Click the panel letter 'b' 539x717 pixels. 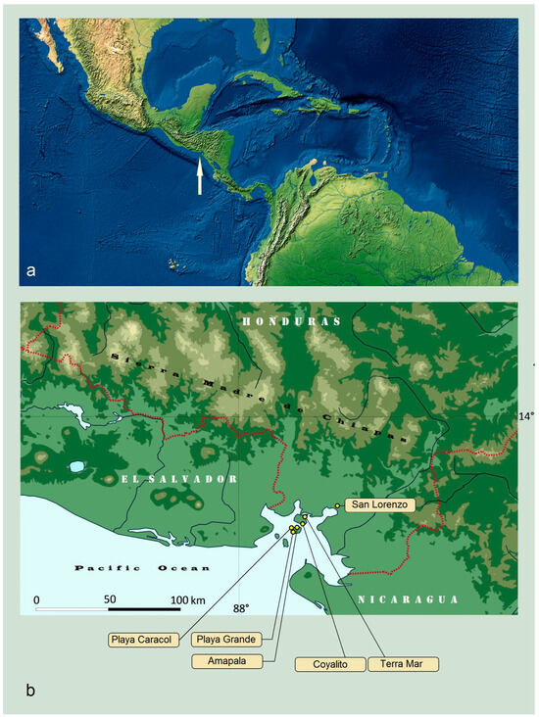(32, 692)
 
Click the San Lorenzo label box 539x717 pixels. (377, 504)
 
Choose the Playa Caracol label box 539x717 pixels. (142, 640)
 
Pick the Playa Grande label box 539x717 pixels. (227, 640)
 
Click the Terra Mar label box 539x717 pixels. (403, 664)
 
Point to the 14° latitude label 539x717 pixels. (526, 416)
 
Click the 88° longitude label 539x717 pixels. (240, 608)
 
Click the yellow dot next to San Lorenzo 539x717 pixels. (337, 505)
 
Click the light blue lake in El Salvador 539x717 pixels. (76, 467)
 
